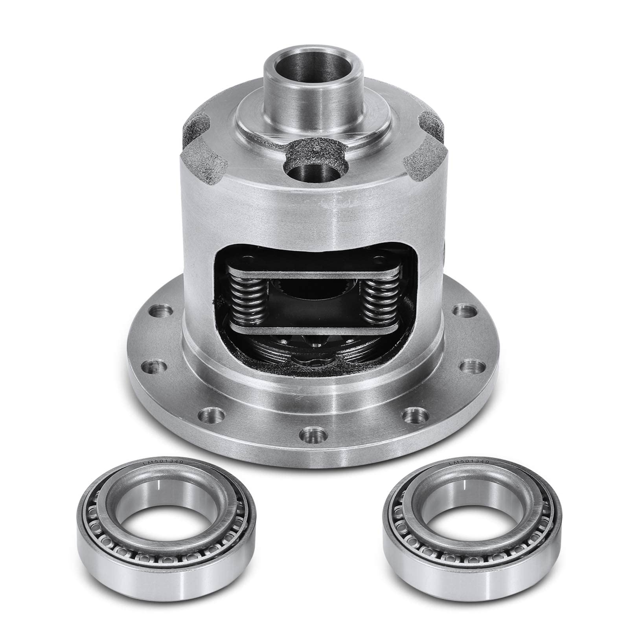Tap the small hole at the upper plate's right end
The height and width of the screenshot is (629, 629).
379,259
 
